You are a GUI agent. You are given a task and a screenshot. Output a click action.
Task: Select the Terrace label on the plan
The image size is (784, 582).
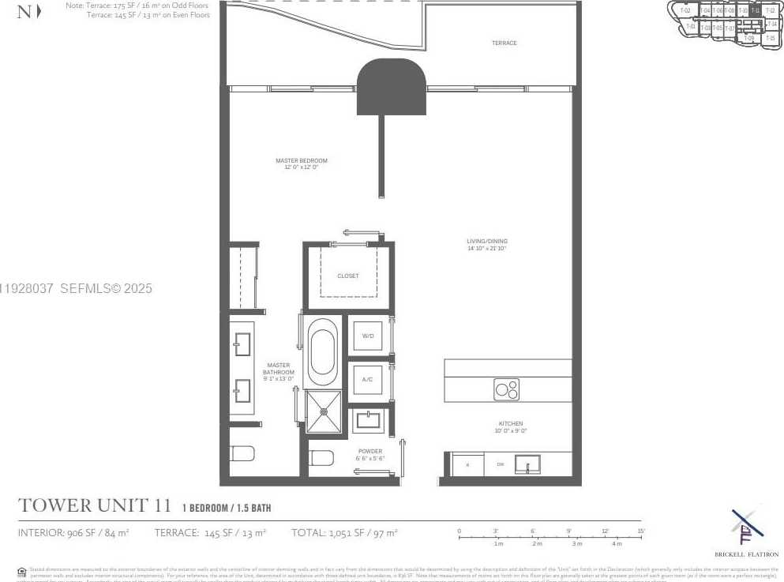pyautogui.click(x=504, y=43)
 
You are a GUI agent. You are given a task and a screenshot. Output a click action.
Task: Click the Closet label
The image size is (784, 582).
pyautogui.click(x=347, y=276)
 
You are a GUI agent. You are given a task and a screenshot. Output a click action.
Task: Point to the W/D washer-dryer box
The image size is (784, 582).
pyautogui.click(x=367, y=336)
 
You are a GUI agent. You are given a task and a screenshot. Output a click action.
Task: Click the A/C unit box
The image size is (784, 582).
pyautogui.click(x=367, y=379)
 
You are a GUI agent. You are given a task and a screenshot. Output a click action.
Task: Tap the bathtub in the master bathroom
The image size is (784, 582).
pyautogui.click(x=322, y=351)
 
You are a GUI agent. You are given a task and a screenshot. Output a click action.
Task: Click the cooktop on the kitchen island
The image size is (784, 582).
pyautogui.click(x=507, y=389)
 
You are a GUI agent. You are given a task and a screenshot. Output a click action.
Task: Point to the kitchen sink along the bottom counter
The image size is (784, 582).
pyautogui.click(x=527, y=464)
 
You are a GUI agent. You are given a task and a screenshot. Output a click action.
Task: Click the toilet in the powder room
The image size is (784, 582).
pyautogui.click(x=321, y=457)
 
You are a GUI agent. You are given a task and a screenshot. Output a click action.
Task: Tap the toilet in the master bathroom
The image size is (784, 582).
pyautogui.click(x=242, y=453)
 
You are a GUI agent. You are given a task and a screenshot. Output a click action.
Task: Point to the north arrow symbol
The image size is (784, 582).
pyautogui.click(x=28, y=12)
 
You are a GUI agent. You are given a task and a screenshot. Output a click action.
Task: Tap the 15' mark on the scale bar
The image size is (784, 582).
pyautogui.click(x=640, y=531)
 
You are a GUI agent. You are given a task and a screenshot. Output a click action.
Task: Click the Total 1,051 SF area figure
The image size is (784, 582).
pyautogui.click(x=344, y=533)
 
